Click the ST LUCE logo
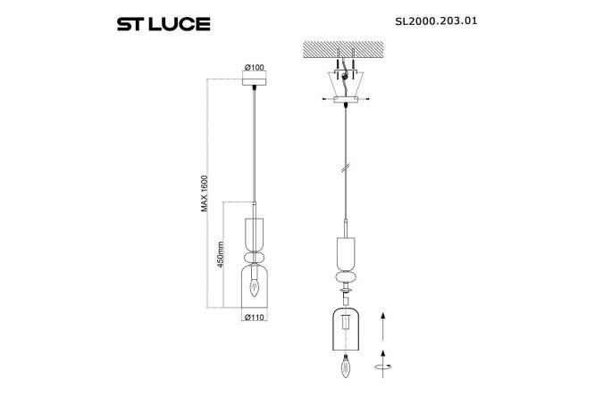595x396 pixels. pyautogui.click(x=163, y=24)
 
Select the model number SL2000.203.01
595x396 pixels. pyautogui.click(x=436, y=21)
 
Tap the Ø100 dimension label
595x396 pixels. pyautogui.click(x=255, y=68)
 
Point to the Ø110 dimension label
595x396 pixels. pyautogui.click(x=255, y=318)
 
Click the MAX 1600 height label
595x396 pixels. pyautogui.click(x=205, y=194)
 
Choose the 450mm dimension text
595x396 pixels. pyautogui.click(x=221, y=254)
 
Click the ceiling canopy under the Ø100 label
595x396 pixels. pyautogui.click(x=255, y=81)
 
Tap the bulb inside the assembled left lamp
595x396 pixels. pyautogui.click(x=254, y=287)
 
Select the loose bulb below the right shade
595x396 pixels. pyautogui.click(x=346, y=366)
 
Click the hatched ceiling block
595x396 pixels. pyautogui.click(x=343, y=48)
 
